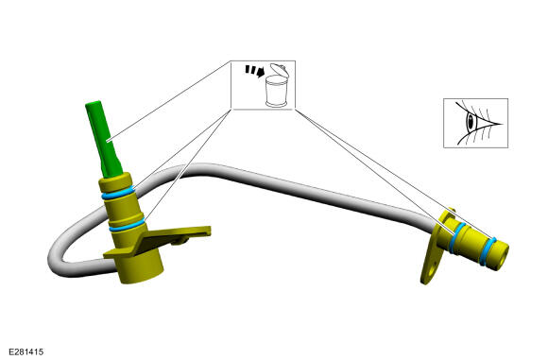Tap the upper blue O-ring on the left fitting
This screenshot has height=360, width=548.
tap(118, 193)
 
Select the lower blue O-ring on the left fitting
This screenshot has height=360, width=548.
tap(127, 225)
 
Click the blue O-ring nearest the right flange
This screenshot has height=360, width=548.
tap(457, 238)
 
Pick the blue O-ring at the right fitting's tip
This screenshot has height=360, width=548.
tap(488, 251)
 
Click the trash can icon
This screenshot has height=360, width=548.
tap(277, 92)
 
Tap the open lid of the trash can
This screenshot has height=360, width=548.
tap(280, 70)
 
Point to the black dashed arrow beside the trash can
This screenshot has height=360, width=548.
tap(254, 70)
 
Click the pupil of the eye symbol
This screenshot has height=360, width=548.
tap(471, 122)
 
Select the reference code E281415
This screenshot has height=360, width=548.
tap(26, 351)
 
